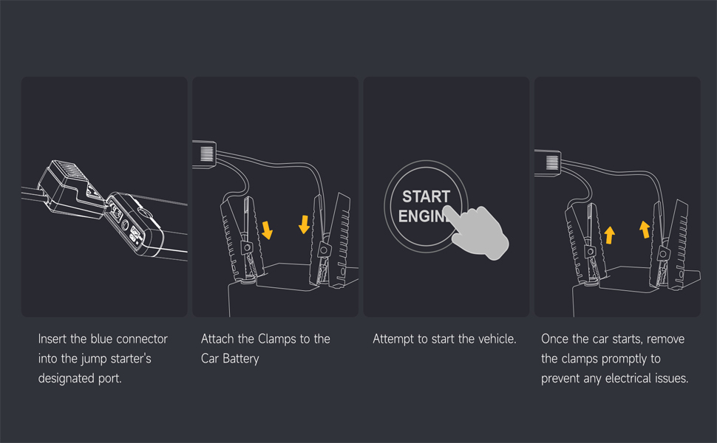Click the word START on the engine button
click(x=427, y=196)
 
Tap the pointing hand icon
click(x=478, y=233)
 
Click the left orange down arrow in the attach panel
click(x=267, y=230)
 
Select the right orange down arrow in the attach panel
click(x=304, y=224)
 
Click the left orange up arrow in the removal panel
click(x=609, y=236)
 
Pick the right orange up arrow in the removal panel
click(x=645, y=230)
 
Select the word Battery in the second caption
click(x=241, y=359)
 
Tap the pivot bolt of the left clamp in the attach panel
click(x=247, y=248)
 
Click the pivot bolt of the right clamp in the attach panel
click(x=324, y=250)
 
